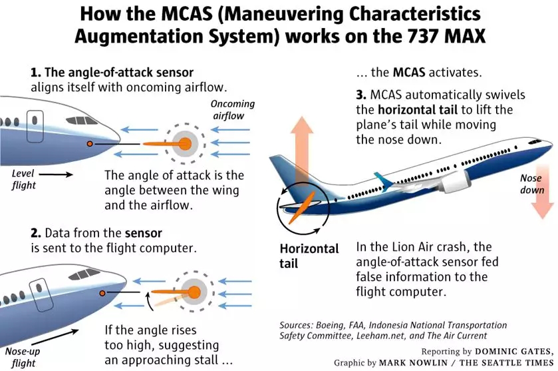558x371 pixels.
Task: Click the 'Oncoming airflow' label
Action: click(x=228, y=110)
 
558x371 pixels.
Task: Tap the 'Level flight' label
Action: click(x=24, y=179)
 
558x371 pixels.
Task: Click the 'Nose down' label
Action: click(x=533, y=185)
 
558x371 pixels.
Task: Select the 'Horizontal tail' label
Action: click(x=309, y=256)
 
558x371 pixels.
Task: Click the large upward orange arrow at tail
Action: click(x=304, y=159)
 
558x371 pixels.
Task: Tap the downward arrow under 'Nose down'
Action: click(x=543, y=206)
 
